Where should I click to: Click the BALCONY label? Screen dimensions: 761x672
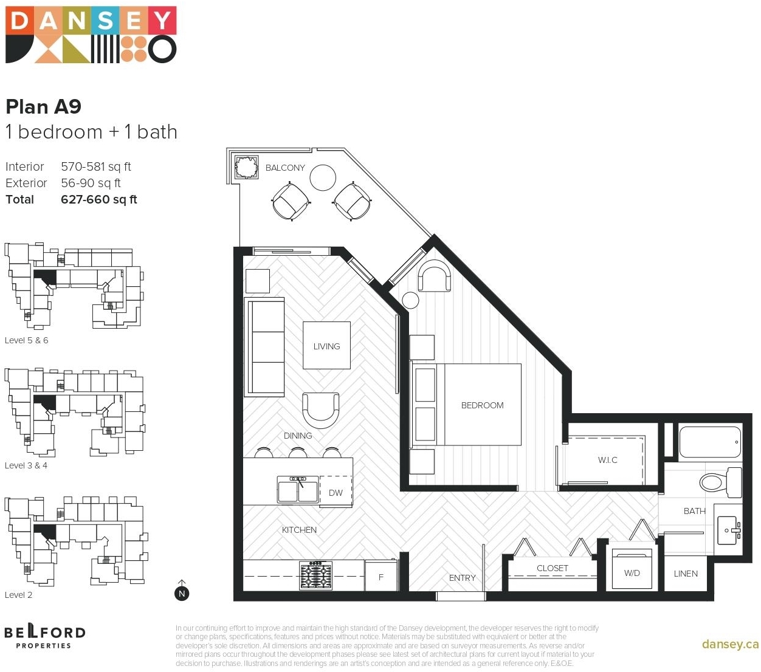[284, 168]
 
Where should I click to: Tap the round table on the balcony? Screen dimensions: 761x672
[322, 177]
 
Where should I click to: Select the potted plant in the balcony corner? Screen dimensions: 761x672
[246, 166]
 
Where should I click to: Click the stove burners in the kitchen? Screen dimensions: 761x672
[315, 575]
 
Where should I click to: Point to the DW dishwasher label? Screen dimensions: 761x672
[335, 493]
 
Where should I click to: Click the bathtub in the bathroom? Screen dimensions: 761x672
[709, 442]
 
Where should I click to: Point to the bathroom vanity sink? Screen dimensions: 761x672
[728, 530]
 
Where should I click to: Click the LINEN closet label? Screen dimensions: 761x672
[685, 574]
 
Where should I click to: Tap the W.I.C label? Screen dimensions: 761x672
[607, 460]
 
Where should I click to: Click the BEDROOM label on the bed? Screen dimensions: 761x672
[482, 405]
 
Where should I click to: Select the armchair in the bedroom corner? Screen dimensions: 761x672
[434, 276]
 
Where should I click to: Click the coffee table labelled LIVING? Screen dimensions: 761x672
[326, 345]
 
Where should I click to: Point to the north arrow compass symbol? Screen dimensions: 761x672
[181, 590]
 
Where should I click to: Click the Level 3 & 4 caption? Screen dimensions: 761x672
[26, 465]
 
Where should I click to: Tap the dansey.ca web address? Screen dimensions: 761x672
[730, 644]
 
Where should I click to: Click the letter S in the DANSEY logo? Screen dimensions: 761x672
[106, 20]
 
